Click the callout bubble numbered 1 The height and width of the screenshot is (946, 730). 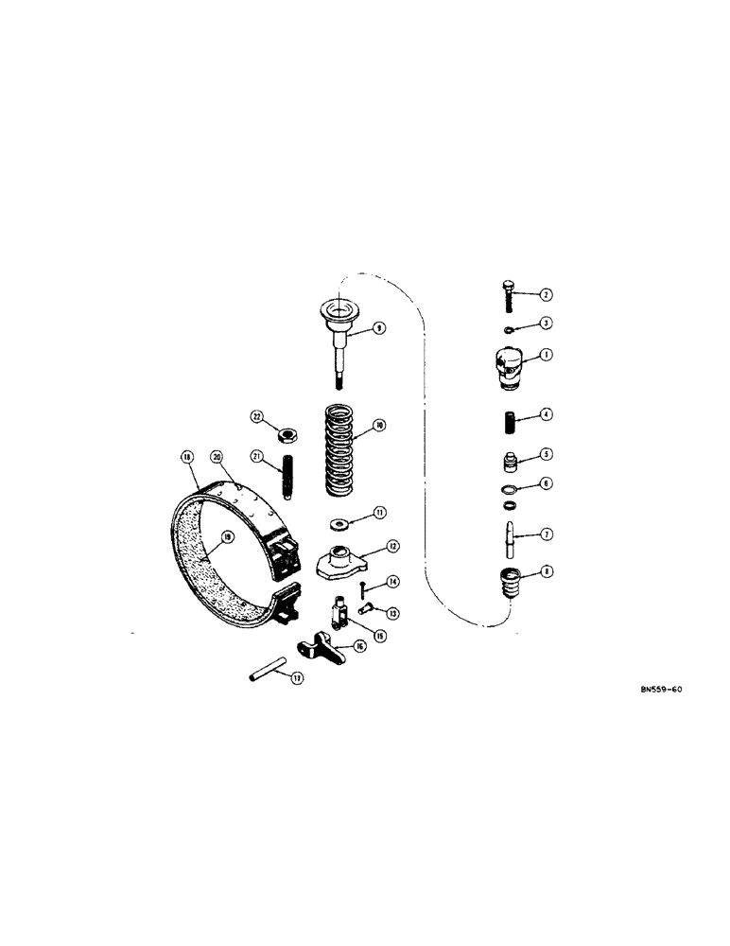click(x=547, y=355)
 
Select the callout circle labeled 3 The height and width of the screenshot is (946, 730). click(x=547, y=323)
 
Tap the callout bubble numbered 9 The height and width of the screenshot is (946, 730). click(x=378, y=328)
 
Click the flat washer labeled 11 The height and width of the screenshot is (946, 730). click(x=338, y=523)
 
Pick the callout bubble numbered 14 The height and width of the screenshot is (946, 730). click(x=392, y=582)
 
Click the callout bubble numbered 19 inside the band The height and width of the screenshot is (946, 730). click(x=226, y=537)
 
